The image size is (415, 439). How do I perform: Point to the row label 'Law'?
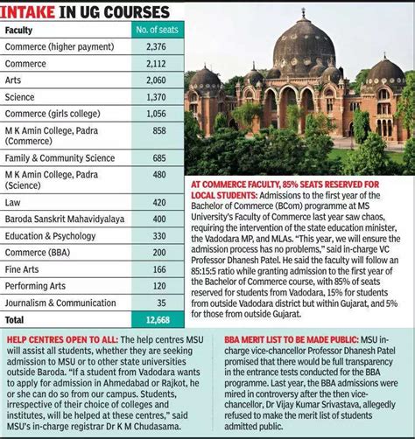[x=12, y=202]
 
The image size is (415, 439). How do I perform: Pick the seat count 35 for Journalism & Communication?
[x=158, y=302]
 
